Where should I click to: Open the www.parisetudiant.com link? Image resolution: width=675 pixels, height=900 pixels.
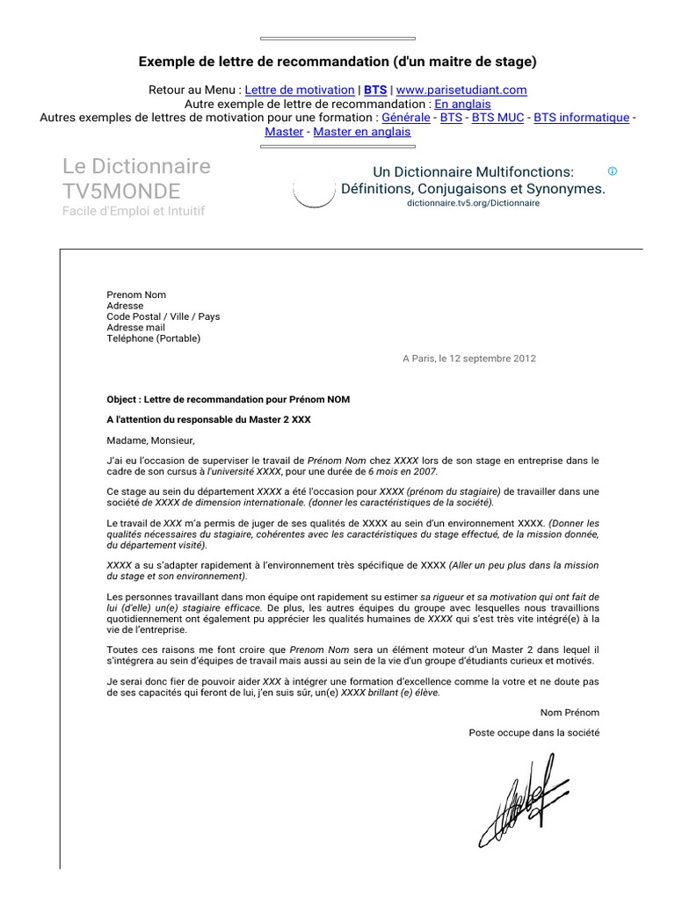coord(461,90)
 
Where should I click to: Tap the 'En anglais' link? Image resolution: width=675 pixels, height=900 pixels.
coord(462,104)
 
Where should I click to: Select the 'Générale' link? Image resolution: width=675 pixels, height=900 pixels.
coord(406,118)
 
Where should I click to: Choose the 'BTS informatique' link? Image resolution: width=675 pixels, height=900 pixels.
coord(581,118)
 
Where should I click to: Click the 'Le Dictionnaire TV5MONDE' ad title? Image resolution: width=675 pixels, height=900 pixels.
coord(136,178)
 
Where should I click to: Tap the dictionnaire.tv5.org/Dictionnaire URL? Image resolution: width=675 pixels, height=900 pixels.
coord(473,203)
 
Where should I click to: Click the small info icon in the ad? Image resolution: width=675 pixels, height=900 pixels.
coord(613,171)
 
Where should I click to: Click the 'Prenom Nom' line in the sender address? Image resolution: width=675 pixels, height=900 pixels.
coord(136,295)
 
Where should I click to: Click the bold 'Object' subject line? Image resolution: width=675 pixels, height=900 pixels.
coord(228,399)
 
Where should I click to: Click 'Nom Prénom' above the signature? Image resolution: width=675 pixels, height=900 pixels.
coord(570,712)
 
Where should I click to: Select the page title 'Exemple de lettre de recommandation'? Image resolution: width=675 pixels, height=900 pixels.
coord(337,62)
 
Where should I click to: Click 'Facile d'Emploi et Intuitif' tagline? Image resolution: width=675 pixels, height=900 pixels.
coord(134,212)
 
